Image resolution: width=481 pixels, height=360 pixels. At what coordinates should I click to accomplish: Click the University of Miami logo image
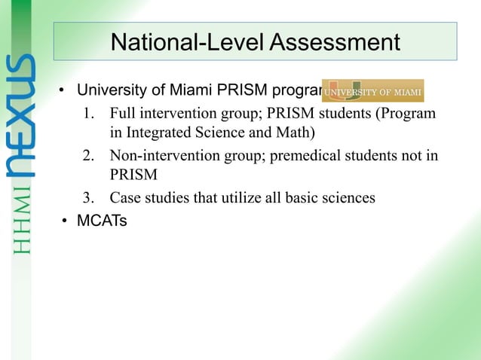(x=373, y=90)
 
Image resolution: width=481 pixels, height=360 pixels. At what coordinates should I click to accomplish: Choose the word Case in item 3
(x=124, y=199)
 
